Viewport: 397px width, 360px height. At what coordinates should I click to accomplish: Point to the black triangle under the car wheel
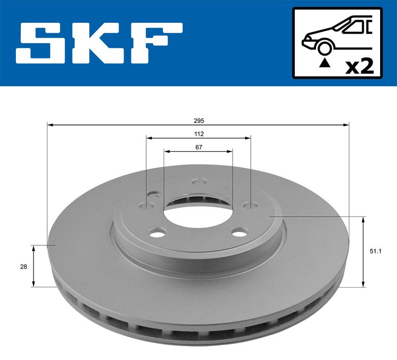(325, 63)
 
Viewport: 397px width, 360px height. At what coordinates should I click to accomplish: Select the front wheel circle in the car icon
(325, 48)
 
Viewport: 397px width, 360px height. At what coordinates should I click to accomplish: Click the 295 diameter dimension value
(198, 121)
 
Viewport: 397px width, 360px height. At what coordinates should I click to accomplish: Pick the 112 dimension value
(198, 134)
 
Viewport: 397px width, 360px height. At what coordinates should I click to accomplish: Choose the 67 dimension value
(198, 147)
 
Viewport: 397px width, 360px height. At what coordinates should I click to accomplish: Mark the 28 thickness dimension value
(23, 266)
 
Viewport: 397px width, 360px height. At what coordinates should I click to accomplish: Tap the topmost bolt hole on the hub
(198, 181)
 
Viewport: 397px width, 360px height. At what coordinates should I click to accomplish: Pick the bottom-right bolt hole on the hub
(241, 232)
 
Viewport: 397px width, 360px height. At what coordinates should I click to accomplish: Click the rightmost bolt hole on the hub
(250, 204)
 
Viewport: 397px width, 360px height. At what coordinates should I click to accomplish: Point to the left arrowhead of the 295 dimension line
(49, 125)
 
